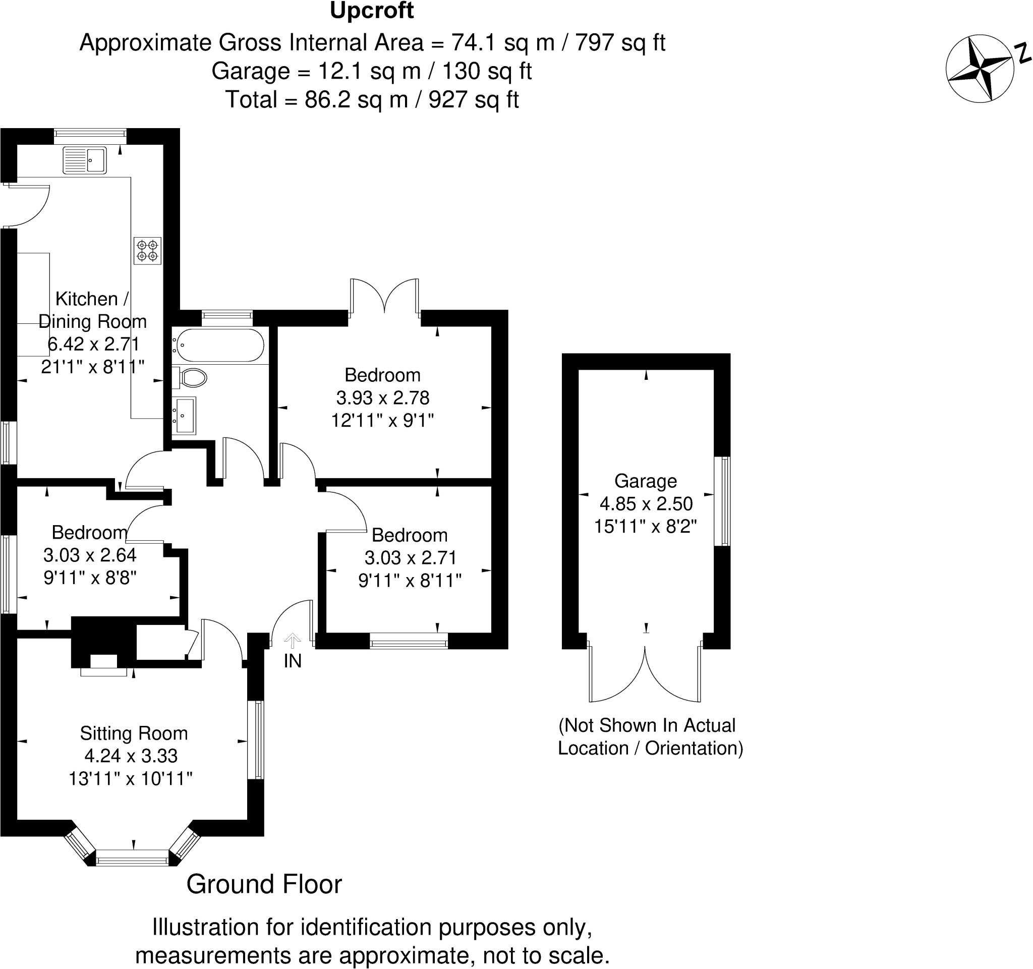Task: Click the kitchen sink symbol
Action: click(x=84, y=160)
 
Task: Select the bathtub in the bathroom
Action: click(x=220, y=345)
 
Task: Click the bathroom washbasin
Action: click(x=185, y=415)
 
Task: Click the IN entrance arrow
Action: click(x=293, y=641)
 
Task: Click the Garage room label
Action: click(x=645, y=481)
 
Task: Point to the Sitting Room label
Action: click(x=134, y=733)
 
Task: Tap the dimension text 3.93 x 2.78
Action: click(x=382, y=398)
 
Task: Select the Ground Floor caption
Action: click(x=264, y=885)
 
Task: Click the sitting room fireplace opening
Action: click(x=104, y=661)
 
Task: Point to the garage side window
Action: click(x=722, y=501)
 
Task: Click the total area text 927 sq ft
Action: click(x=473, y=100)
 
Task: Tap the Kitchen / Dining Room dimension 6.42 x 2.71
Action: click(x=93, y=344)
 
